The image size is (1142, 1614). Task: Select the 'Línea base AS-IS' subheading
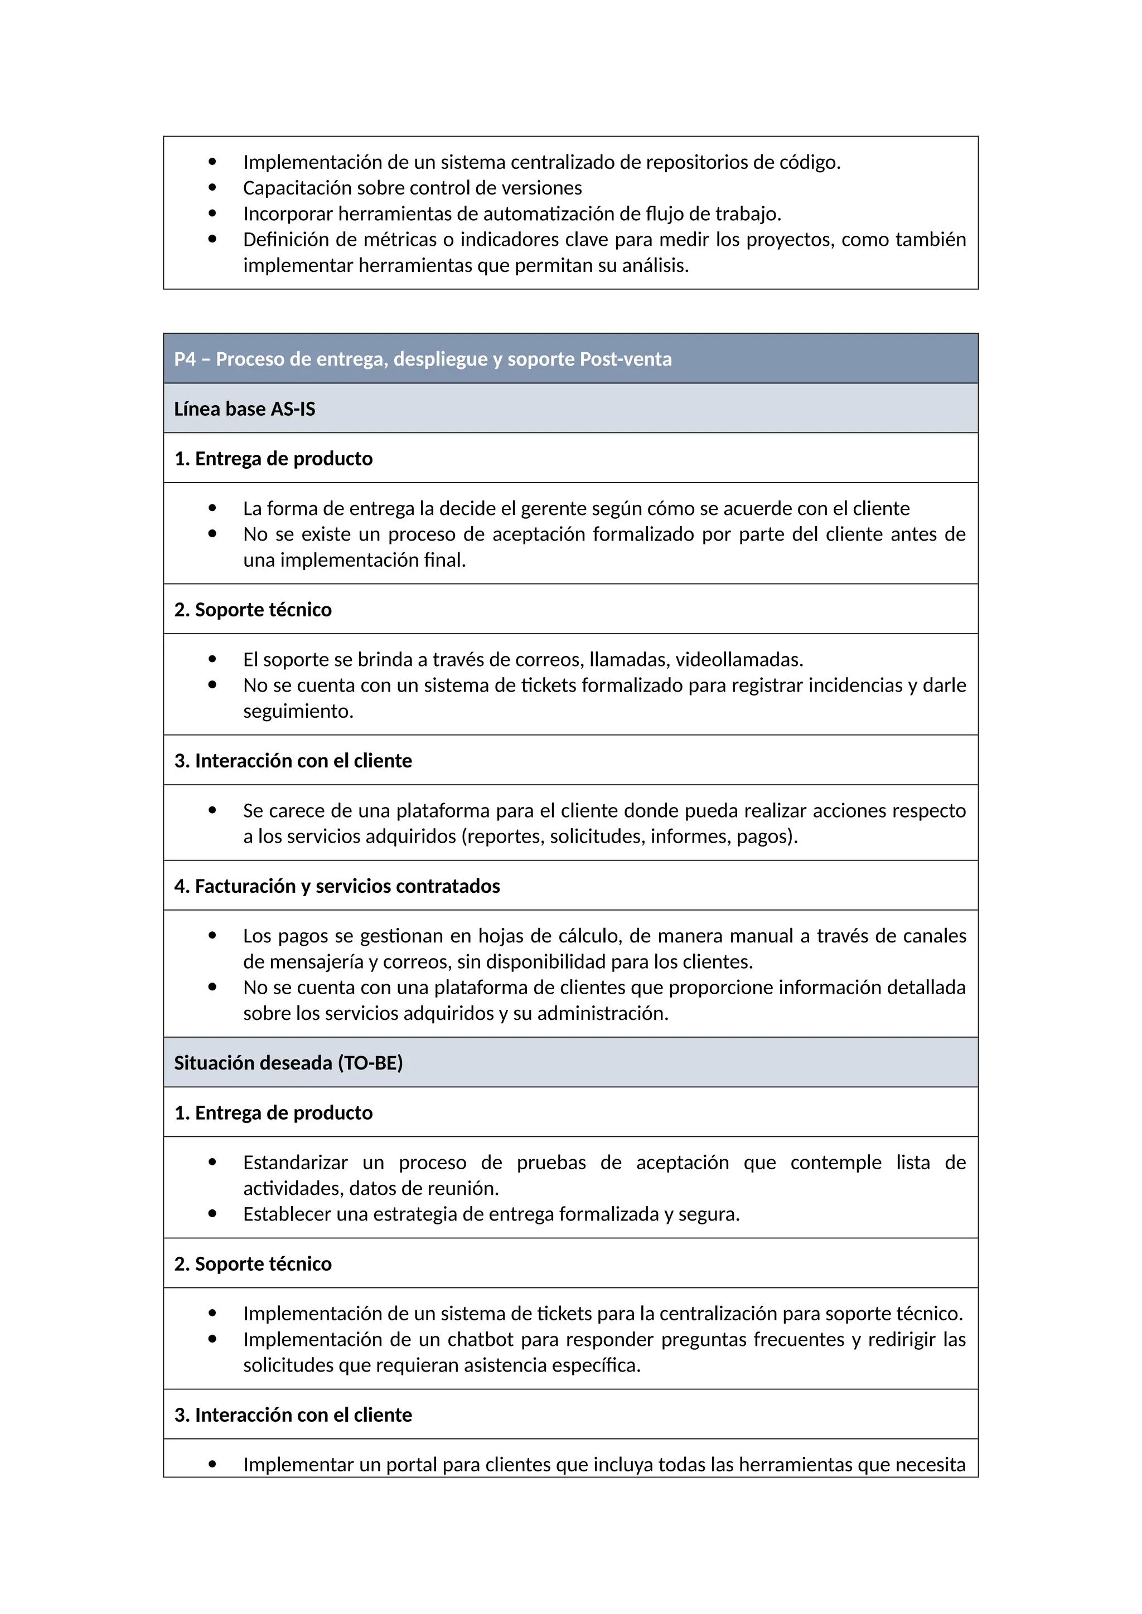point(244,409)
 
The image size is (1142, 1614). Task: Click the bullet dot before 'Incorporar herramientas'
point(212,213)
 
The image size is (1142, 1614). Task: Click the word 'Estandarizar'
point(296,1163)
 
